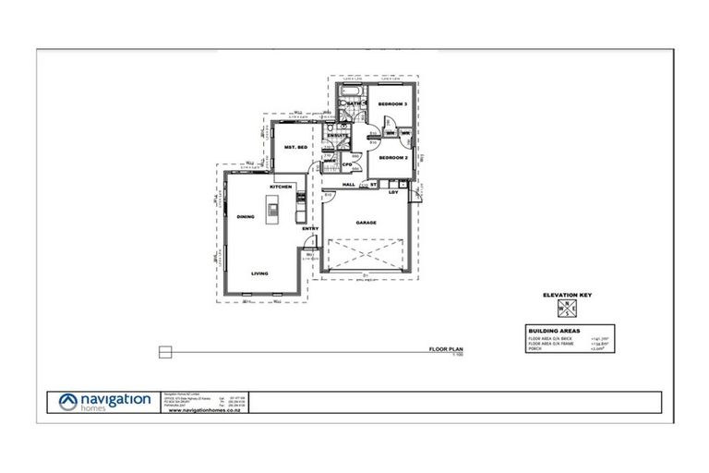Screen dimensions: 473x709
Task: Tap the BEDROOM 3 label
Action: (x=394, y=104)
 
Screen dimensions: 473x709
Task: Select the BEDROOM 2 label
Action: (x=394, y=158)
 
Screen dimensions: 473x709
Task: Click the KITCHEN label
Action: (x=281, y=188)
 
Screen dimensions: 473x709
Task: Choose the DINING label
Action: (x=245, y=217)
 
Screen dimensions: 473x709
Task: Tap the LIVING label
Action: (x=259, y=273)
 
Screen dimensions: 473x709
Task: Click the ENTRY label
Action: (x=309, y=228)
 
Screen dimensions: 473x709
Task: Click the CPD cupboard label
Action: (x=348, y=165)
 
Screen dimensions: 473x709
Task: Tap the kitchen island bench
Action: (x=273, y=212)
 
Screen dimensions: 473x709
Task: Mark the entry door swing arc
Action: (x=311, y=243)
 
